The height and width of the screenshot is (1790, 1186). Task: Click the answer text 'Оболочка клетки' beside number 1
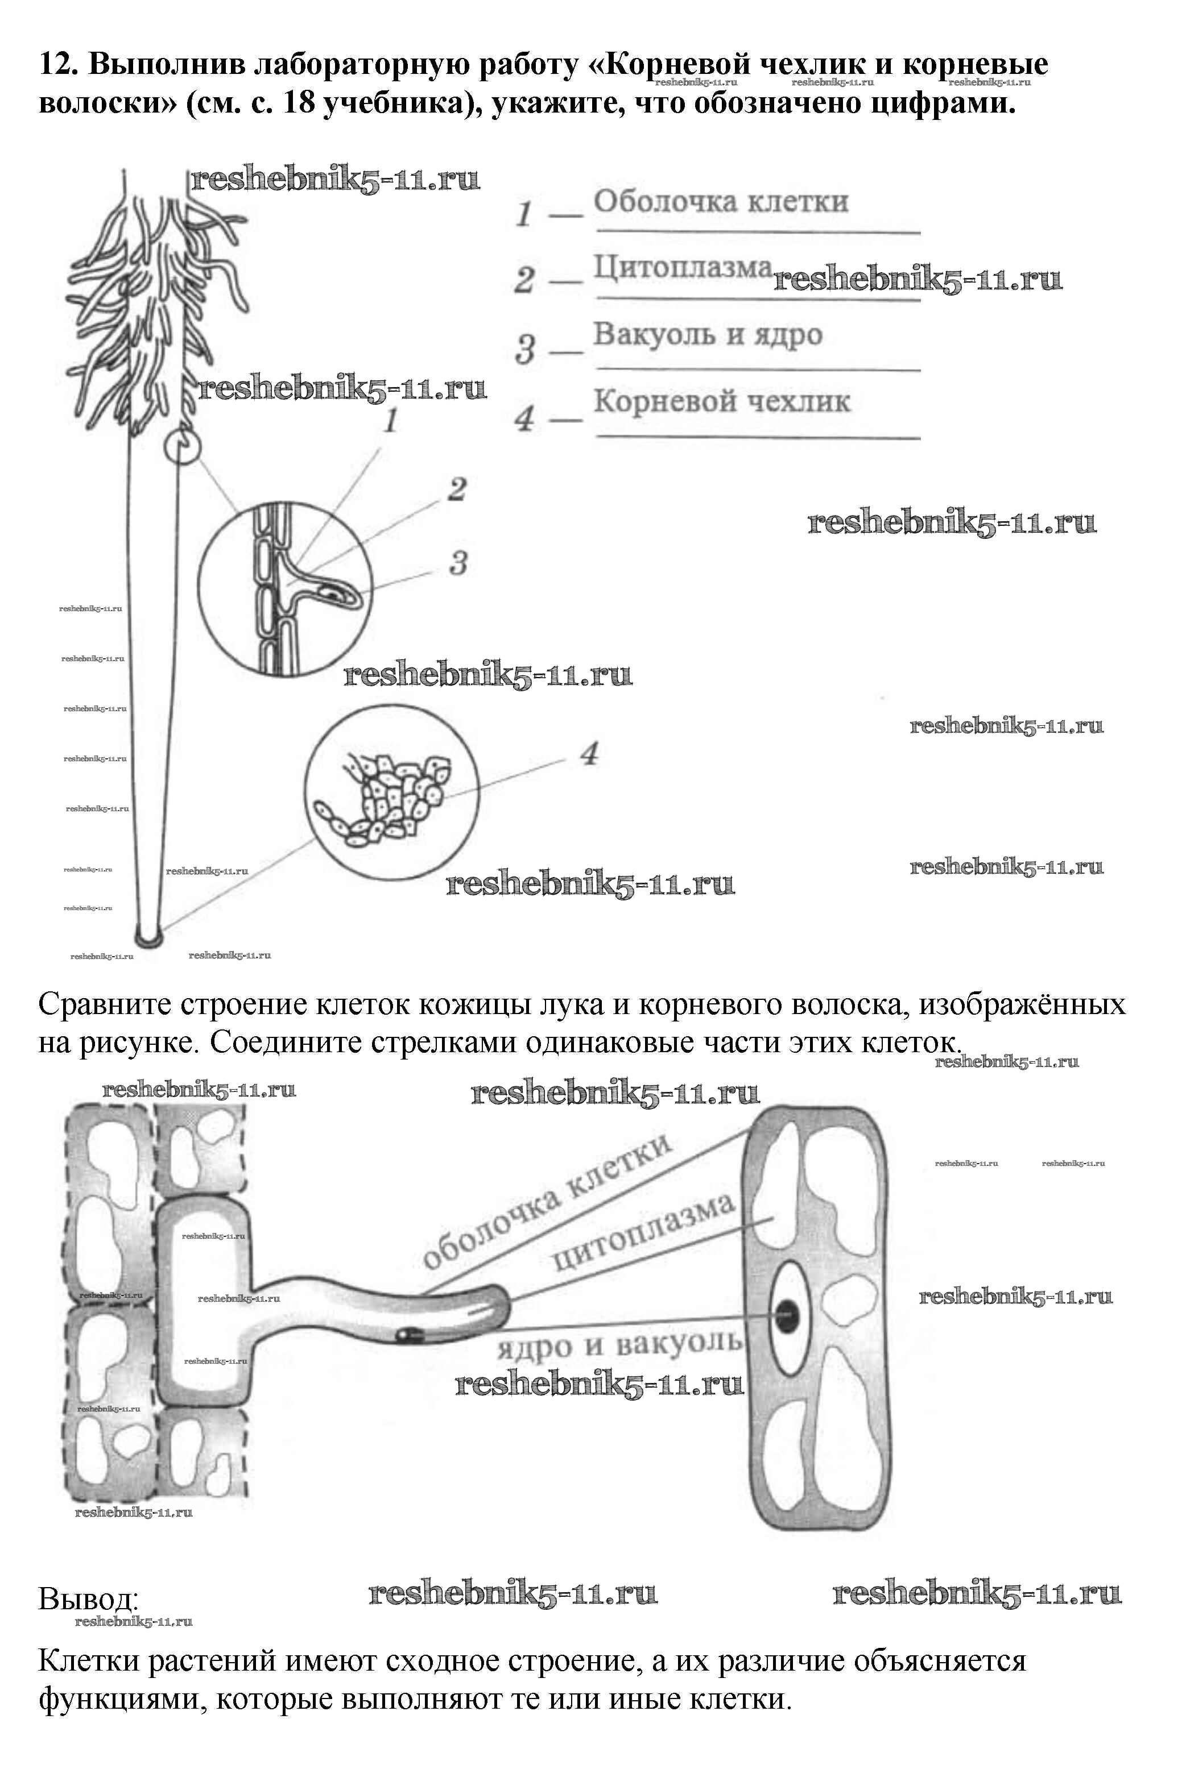click(720, 202)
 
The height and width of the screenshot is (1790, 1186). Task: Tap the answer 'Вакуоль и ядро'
click(707, 334)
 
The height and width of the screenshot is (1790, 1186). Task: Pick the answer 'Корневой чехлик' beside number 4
click(721, 401)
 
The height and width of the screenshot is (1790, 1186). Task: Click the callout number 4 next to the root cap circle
click(589, 754)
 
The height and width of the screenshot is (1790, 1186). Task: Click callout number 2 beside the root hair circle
click(457, 490)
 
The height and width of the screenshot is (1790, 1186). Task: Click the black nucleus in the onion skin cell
click(789, 1317)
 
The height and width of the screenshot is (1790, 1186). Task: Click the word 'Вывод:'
click(89, 1599)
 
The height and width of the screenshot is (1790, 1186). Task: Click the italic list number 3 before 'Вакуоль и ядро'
click(525, 349)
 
